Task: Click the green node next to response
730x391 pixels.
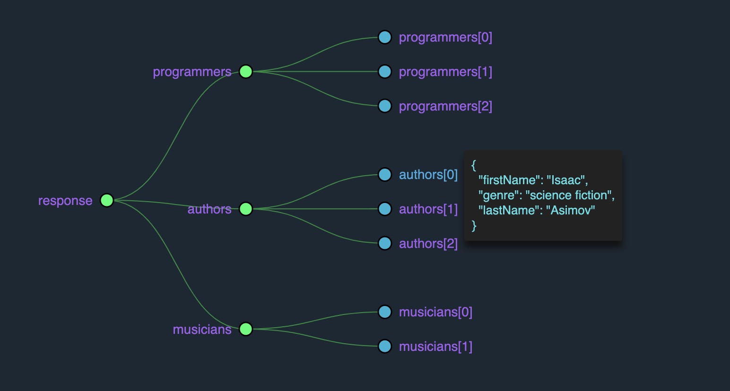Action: coord(107,200)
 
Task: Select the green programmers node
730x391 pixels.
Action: coord(246,72)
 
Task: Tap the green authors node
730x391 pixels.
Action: coord(246,209)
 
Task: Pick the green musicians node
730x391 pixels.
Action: coord(246,329)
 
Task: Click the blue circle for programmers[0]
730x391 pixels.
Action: coord(385,37)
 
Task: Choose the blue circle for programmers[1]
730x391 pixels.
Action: coord(385,72)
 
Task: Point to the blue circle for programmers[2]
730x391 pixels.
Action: coord(385,106)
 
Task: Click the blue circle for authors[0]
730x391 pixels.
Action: coord(385,175)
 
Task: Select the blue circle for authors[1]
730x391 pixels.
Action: coord(385,209)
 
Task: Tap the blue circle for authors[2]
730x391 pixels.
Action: coord(385,243)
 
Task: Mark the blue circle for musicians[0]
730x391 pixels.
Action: coord(385,312)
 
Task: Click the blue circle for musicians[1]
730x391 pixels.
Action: coord(385,346)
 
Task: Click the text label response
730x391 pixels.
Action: coord(65,201)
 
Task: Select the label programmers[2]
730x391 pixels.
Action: coord(445,106)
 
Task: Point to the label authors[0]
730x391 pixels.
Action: coord(428,175)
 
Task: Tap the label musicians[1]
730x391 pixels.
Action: coord(435,347)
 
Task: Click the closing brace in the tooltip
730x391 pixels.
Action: coord(474,225)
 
